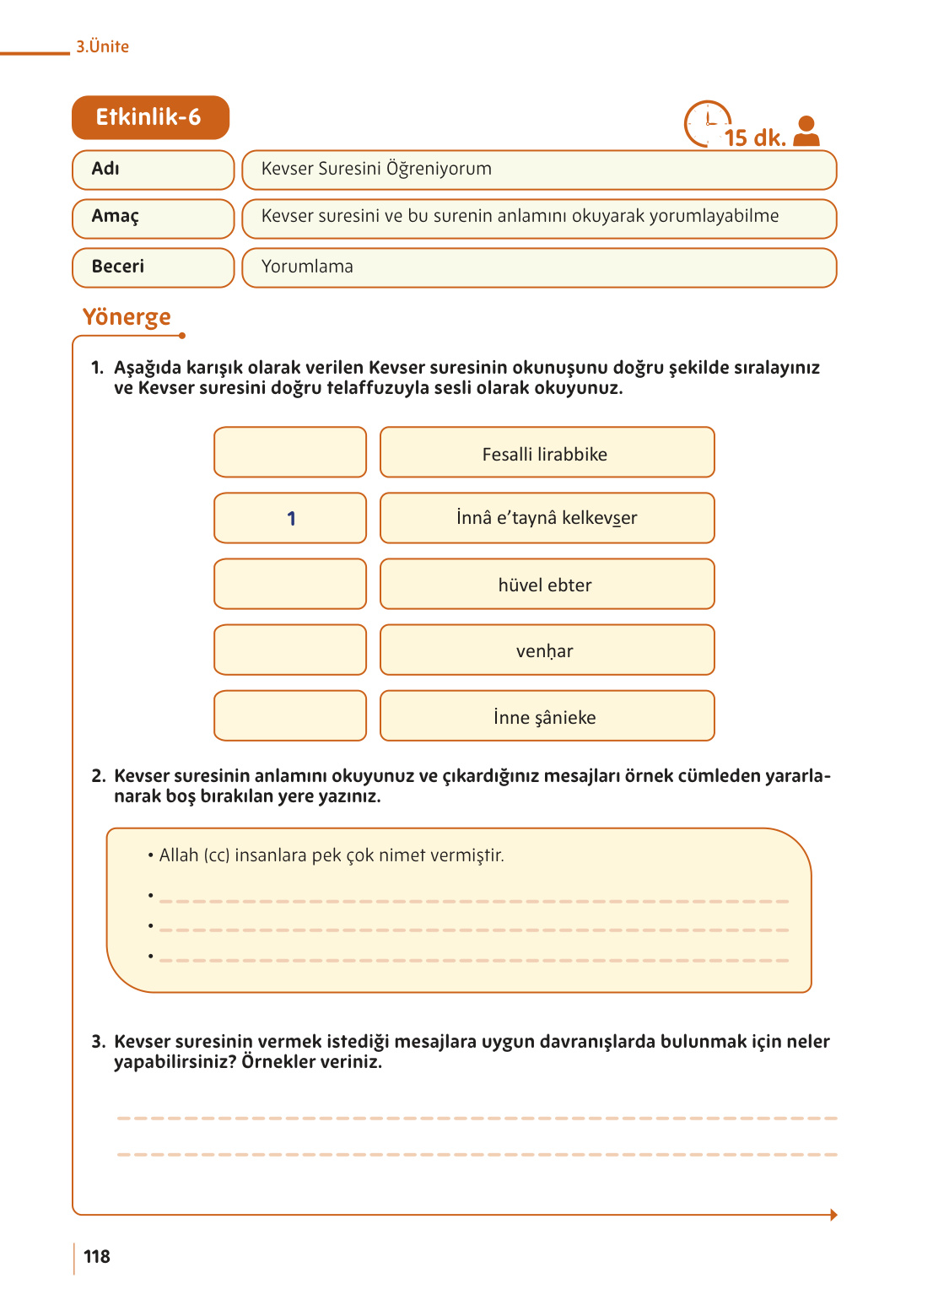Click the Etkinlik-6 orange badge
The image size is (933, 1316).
pos(150,117)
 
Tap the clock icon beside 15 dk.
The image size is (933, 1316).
pos(706,124)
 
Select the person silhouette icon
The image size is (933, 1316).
pos(806,132)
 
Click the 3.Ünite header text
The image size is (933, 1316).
pos(102,46)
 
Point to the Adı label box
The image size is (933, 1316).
pos(153,170)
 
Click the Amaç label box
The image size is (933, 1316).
pos(153,218)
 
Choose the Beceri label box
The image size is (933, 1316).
pos(153,267)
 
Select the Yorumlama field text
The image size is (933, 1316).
pos(307,267)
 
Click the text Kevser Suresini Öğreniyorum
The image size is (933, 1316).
pos(376,169)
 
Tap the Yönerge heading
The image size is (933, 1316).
pos(127,317)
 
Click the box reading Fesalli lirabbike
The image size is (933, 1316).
pos(547,453)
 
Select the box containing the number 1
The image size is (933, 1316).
pos(290,518)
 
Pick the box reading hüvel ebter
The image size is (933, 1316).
pos(547,584)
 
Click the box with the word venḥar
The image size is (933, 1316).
pos(547,650)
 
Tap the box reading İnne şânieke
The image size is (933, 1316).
pos(547,716)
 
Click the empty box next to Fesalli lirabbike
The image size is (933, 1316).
pos(290,452)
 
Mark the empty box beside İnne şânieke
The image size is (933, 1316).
pos(290,715)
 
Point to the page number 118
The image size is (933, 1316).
pos(97,1257)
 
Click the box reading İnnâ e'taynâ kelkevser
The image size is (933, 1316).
pos(547,518)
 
